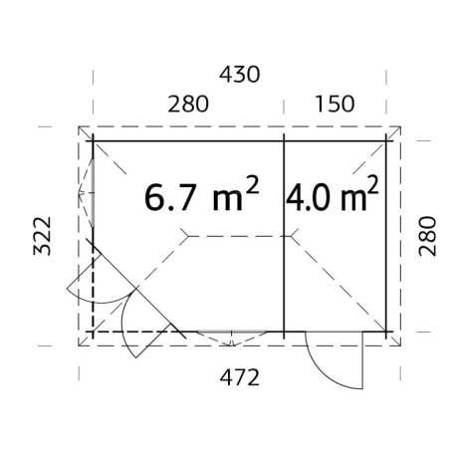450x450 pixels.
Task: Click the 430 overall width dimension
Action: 239,75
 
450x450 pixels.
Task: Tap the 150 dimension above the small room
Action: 335,104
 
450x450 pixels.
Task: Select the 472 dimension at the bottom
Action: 239,377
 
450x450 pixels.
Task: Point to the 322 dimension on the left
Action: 42,236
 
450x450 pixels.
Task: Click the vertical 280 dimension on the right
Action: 427,236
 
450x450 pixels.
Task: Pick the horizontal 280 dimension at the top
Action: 188,104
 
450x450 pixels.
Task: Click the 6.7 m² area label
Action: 201,194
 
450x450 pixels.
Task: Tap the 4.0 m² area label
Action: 332,194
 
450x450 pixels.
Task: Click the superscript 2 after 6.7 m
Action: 252,185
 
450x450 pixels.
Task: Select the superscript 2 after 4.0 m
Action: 372,185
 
